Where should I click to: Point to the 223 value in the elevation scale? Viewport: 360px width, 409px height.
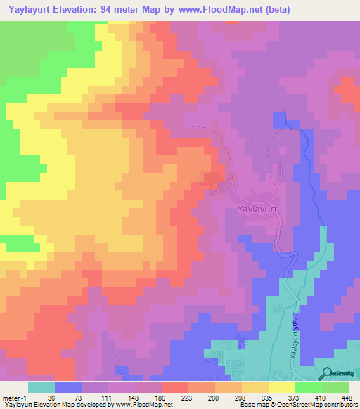tap(187, 398)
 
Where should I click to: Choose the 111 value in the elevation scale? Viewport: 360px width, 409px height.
tap(106, 398)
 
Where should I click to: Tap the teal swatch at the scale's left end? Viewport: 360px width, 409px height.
tap(41, 387)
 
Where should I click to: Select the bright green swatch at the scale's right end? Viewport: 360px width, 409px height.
tap(335, 387)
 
